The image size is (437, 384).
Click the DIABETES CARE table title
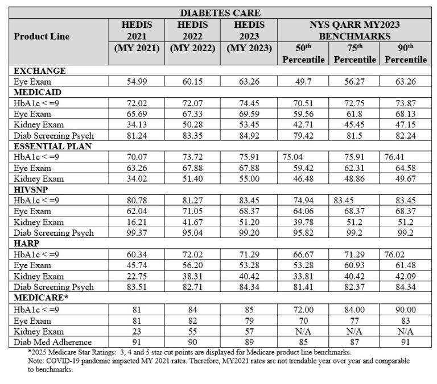click(x=221, y=12)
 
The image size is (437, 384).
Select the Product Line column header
click(x=42, y=36)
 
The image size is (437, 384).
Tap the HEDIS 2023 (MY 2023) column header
click(x=249, y=36)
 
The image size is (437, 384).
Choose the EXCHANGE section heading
click(x=40, y=70)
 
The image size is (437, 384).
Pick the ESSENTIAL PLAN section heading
click(x=53, y=145)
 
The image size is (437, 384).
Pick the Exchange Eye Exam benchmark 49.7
click(x=303, y=81)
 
